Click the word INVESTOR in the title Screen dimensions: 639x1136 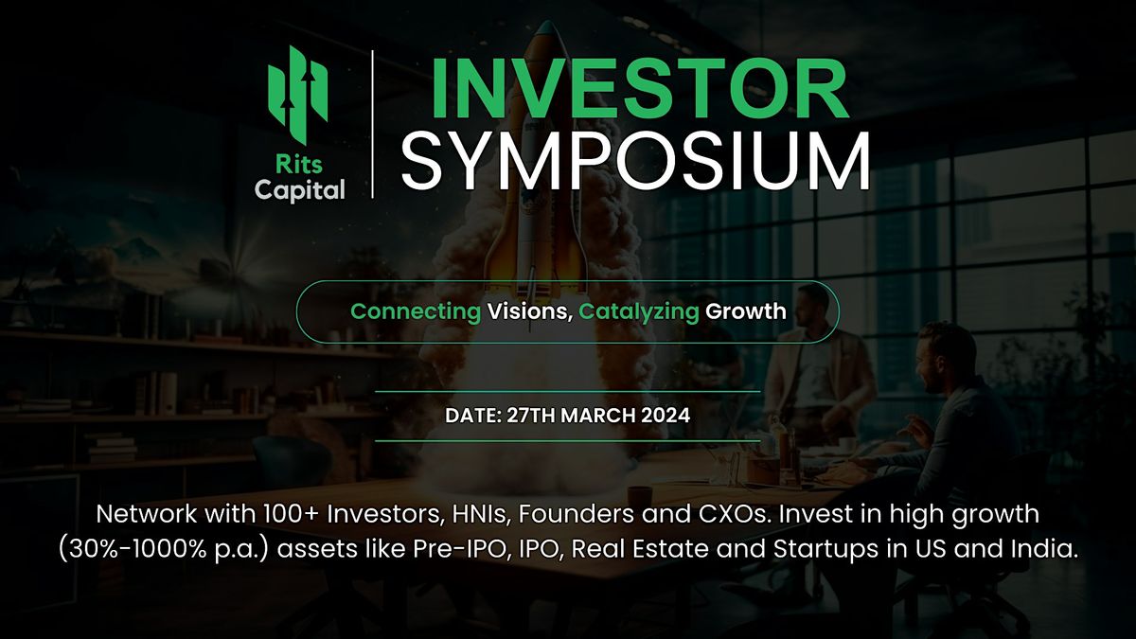point(639,90)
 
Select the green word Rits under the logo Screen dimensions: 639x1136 point(298,166)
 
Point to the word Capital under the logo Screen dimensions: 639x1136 point(299,190)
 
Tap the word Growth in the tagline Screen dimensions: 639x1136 point(746,311)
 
